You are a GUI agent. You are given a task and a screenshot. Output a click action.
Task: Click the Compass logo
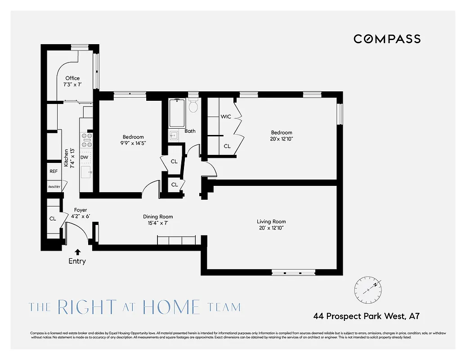tap(387, 39)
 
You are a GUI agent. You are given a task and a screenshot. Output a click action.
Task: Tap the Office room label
tap(72, 78)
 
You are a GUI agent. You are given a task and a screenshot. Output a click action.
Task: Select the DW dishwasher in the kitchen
tap(84, 157)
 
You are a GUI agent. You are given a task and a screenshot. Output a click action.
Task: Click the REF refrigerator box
tap(54, 171)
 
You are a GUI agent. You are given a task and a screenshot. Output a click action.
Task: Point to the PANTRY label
tap(54, 187)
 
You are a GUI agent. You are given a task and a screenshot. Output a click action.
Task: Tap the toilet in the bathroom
tap(193, 106)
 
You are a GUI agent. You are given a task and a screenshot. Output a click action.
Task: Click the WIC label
tap(226, 117)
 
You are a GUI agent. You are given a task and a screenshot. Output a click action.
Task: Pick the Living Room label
tap(271, 221)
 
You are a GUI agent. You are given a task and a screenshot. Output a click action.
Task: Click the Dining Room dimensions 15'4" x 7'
tap(158, 223)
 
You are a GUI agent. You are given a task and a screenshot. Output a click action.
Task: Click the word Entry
tap(77, 261)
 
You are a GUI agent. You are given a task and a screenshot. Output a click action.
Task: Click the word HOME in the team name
tap(171, 307)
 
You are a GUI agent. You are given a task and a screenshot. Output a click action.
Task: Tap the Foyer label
tap(81, 210)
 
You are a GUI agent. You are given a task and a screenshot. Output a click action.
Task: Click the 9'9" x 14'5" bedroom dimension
tap(133, 143)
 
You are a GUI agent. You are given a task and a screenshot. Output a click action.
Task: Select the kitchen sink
tap(86, 171)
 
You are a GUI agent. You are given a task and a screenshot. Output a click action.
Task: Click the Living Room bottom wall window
tap(294, 272)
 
